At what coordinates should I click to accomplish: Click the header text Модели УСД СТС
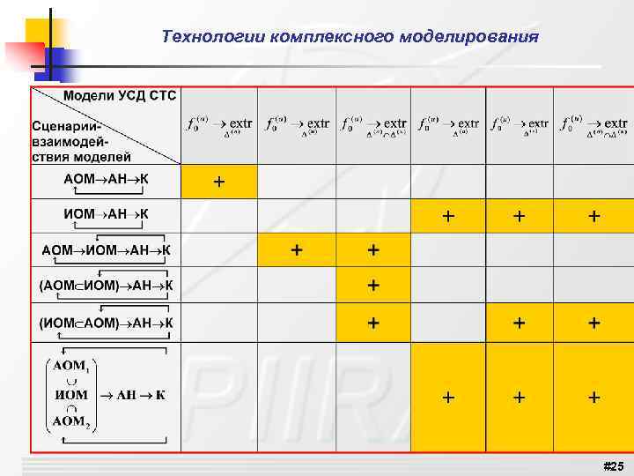[x=120, y=96]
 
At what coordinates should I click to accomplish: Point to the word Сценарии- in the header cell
[x=68, y=127]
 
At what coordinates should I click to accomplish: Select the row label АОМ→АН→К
[x=106, y=179]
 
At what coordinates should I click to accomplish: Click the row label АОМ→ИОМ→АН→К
[x=106, y=249]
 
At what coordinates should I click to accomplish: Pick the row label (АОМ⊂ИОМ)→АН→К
[x=106, y=285]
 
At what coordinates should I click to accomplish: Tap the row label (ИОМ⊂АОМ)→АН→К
[x=106, y=323]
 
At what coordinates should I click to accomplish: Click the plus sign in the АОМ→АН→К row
[x=218, y=182]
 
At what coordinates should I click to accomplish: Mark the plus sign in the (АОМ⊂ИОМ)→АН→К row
[x=373, y=285]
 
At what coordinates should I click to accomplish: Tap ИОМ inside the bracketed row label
[x=70, y=394]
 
